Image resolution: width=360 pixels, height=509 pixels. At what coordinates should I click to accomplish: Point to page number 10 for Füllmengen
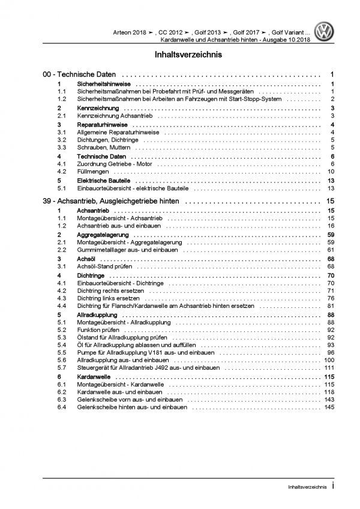(x=331, y=172)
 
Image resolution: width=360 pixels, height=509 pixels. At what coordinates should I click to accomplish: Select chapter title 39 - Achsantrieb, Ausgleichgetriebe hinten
(x=109, y=201)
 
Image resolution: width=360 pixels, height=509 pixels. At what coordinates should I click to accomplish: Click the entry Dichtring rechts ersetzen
(x=112, y=291)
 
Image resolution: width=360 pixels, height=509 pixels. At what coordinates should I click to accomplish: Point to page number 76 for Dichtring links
(x=331, y=298)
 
